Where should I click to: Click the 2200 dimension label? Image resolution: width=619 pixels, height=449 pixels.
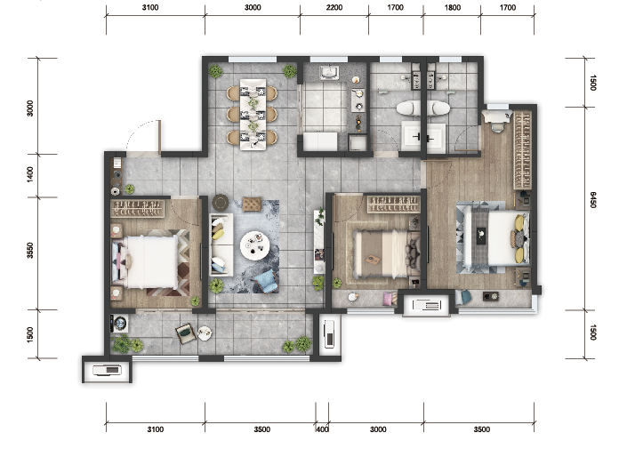click(334, 7)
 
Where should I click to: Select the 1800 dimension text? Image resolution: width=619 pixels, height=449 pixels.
click(453, 7)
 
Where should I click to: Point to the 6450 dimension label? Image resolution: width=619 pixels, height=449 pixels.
click(593, 200)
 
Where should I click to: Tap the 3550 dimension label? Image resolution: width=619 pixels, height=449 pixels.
click(30, 251)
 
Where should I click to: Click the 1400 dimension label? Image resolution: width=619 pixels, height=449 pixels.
click(30, 174)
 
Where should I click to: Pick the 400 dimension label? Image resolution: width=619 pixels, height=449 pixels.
click(322, 429)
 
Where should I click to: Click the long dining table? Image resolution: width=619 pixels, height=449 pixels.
click(253, 115)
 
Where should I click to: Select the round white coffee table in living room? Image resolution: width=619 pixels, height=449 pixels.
click(255, 245)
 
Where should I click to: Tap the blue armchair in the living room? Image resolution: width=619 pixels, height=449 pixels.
click(265, 281)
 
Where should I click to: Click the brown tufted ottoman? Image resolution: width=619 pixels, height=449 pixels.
click(252, 204)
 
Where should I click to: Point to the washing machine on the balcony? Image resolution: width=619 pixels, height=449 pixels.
click(119, 324)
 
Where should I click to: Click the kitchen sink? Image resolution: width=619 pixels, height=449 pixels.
click(329, 73)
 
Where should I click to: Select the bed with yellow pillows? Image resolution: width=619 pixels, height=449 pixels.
click(496, 239)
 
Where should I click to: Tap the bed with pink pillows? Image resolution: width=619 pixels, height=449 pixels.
click(145, 262)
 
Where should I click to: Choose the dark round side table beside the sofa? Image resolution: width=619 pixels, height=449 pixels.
click(221, 203)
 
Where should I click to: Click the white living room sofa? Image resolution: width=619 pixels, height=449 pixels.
click(221, 245)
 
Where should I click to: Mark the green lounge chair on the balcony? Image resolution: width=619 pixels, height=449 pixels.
click(186, 333)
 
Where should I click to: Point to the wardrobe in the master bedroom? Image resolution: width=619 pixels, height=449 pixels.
click(522, 150)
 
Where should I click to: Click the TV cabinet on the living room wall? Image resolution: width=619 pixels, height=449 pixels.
click(319, 242)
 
